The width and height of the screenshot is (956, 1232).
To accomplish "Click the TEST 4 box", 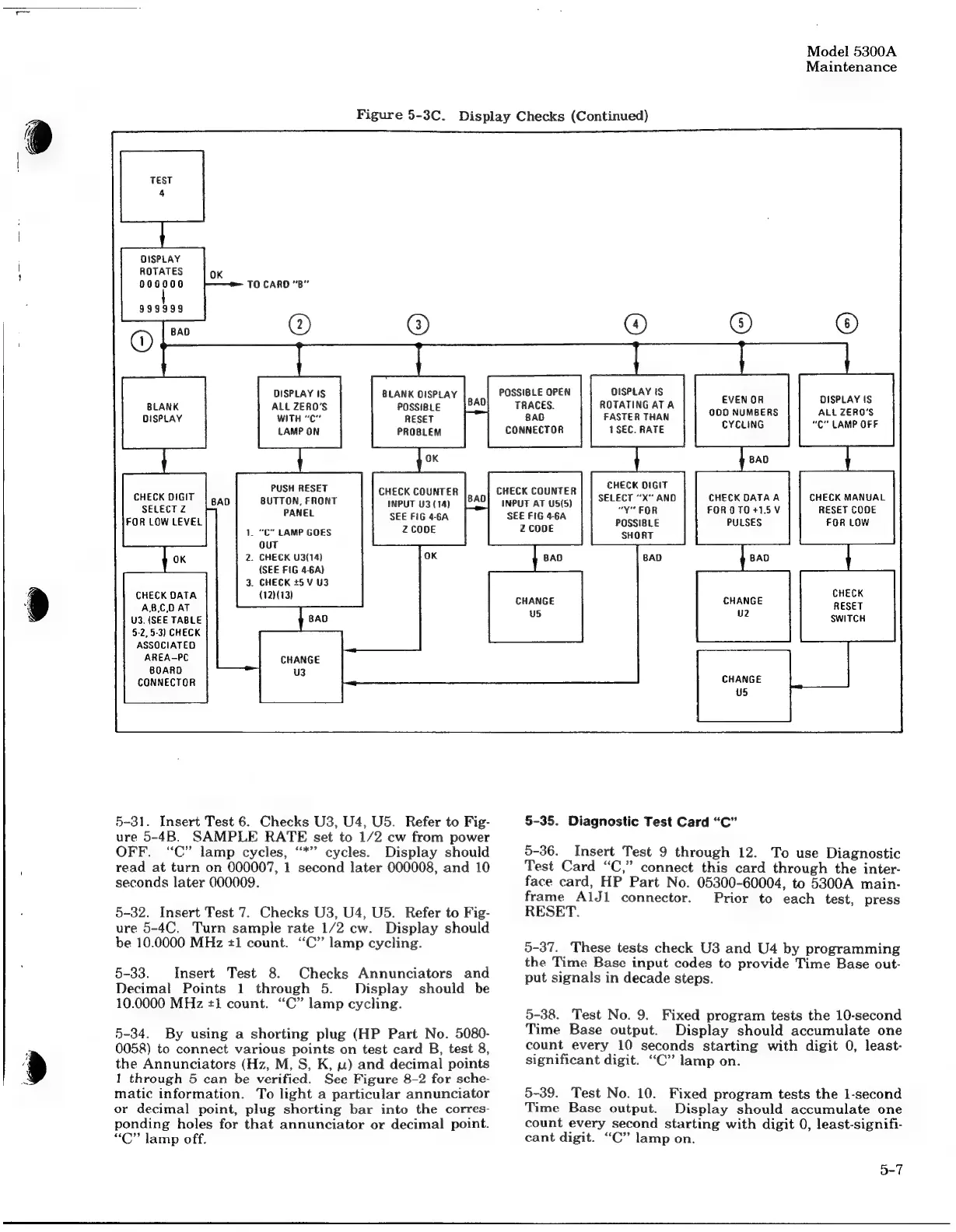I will pos(162,186).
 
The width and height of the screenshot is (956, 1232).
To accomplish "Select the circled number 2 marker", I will pos(299,324).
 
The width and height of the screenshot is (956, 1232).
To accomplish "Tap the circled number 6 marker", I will pos(846,324).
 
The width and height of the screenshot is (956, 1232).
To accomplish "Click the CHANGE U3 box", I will pos(299,667).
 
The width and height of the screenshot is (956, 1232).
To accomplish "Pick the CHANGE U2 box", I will pos(742,607).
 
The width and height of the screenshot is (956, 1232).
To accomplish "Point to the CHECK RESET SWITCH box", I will pos(847,606).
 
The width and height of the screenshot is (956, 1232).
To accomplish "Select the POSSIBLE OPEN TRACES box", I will pos(534,411).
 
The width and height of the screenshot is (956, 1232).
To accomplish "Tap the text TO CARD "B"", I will pos(278,285).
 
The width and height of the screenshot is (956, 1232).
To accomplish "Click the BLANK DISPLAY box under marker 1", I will pos(163,412).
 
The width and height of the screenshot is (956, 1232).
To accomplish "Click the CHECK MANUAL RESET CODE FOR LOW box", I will pos(847,509).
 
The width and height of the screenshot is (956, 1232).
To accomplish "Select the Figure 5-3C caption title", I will pos(502,117).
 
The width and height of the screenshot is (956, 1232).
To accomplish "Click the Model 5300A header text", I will pos(851,52).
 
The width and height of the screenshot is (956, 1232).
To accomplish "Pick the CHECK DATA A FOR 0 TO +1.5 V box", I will pos(743,509).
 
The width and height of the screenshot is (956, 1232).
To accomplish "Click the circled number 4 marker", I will pos(636,324).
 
